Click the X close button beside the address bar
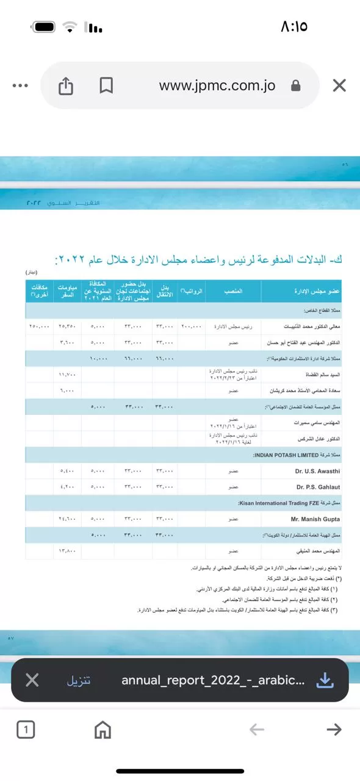pos(339,85)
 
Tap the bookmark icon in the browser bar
pos(106,86)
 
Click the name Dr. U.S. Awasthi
pos(318,471)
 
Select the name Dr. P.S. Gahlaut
pos(318,487)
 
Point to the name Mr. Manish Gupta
pos(315,519)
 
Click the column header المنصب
pos(233,292)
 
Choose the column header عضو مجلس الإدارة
pos(301,292)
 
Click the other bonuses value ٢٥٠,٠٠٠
pos(39,326)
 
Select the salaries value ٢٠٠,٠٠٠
pos(191,326)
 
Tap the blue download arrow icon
pos(326,680)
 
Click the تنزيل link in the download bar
pos(79,680)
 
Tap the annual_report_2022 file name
pos(213,680)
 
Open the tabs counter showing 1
pos(26,729)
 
